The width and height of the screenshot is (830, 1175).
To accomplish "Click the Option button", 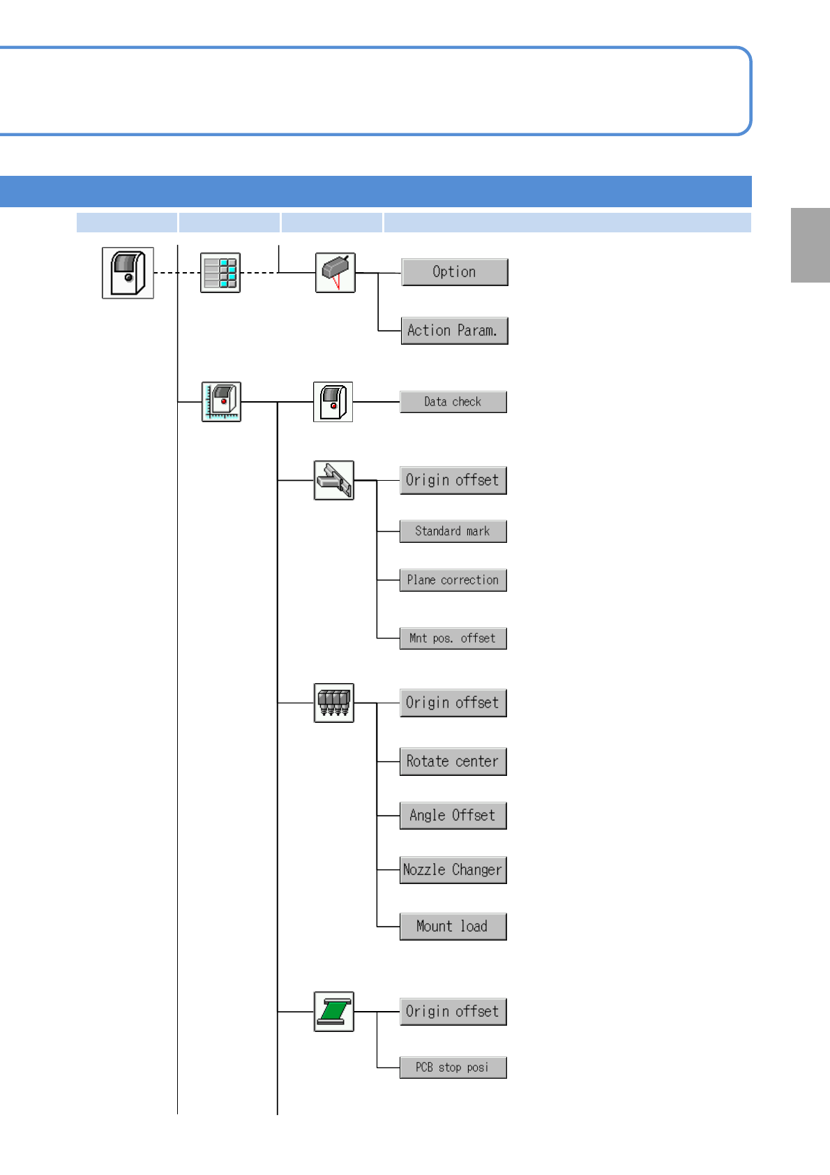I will click(x=454, y=272).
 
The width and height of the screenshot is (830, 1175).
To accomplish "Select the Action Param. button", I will click(x=454, y=331).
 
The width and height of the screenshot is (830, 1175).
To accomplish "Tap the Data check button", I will click(x=453, y=402).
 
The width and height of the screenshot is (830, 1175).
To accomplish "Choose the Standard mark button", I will click(x=453, y=531).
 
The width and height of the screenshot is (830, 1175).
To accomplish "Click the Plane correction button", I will click(x=453, y=580).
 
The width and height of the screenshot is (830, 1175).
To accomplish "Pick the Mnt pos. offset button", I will click(x=453, y=638).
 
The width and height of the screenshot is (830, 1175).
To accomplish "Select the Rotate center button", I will click(x=453, y=761).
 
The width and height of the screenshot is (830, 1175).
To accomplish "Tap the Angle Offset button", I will click(x=453, y=816).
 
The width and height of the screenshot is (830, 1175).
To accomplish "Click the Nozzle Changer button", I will click(x=453, y=870).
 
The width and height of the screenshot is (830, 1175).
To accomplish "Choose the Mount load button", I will click(x=453, y=927).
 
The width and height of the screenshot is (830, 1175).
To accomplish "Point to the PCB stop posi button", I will click(x=453, y=1068).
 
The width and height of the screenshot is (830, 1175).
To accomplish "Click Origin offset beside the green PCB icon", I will click(x=453, y=1012).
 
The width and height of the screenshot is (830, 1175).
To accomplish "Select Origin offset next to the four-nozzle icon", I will click(x=453, y=703).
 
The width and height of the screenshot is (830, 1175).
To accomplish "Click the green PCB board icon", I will click(x=334, y=1011).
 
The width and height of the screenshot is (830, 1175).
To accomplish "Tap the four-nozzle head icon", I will click(x=334, y=703).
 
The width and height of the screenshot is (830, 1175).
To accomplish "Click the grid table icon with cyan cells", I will click(x=220, y=272).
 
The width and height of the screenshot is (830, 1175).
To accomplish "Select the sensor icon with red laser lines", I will click(x=335, y=272).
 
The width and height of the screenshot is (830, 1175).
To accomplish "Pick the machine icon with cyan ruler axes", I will click(x=221, y=402).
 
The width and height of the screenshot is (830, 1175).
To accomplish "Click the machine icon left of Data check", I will click(x=333, y=402).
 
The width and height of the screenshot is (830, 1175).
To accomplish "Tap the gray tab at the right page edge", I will click(x=810, y=245).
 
